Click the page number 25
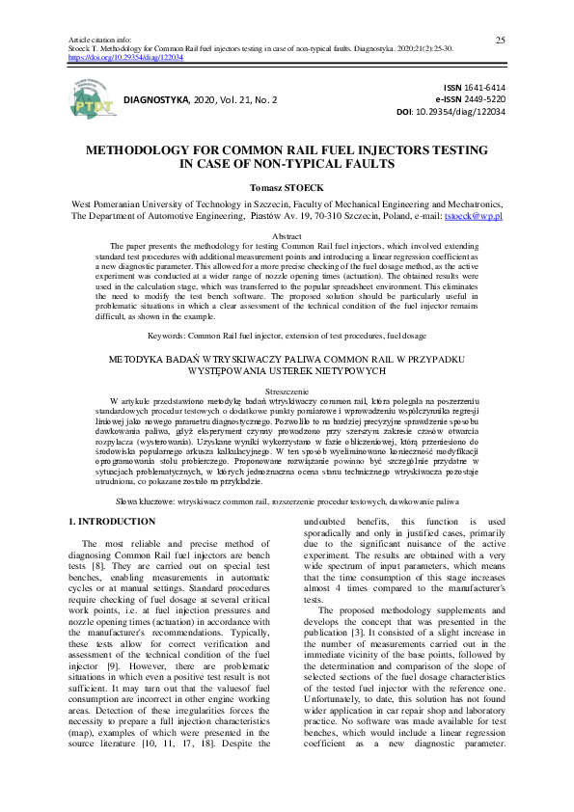tap(501, 40)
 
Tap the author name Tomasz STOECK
tap(287, 187)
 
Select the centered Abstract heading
tap(287, 236)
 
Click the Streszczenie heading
tap(287, 393)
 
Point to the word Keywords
tap(166, 336)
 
